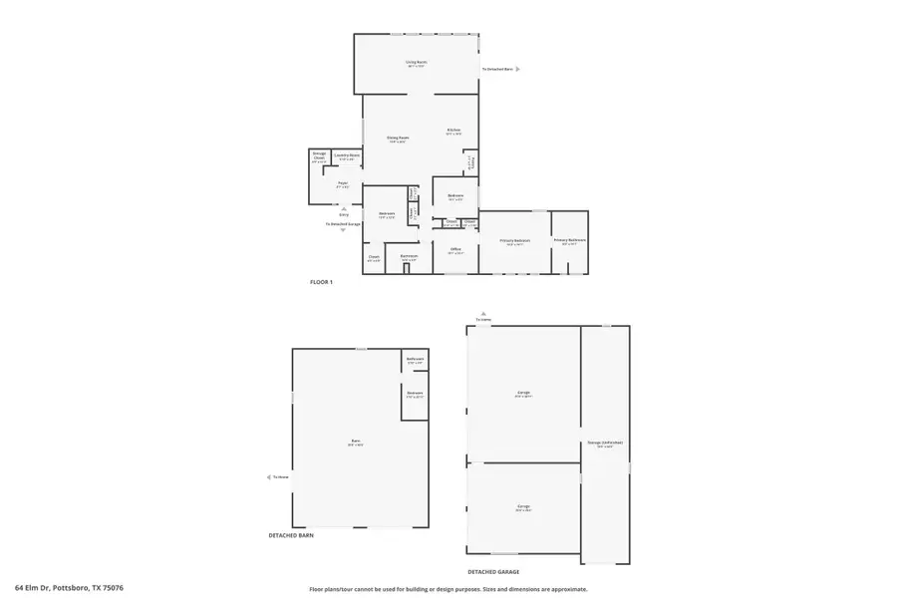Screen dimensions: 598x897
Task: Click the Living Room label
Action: (x=416, y=63)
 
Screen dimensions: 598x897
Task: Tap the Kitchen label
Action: (x=453, y=131)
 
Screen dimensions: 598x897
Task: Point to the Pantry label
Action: (x=472, y=162)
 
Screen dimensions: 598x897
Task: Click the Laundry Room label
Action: (x=347, y=155)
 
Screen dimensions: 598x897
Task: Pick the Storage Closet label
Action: (x=319, y=156)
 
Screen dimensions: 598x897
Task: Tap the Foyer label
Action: (x=342, y=183)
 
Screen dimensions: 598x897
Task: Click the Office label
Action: (x=454, y=249)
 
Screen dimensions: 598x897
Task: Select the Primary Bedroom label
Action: (x=514, y=240)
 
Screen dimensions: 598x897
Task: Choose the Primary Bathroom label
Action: (x=569, y=239)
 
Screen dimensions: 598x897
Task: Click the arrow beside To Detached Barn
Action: (x=518, y=69)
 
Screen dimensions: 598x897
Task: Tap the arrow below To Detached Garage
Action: (x=344, y=230)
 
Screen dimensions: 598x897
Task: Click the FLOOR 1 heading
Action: (x=321, y=282)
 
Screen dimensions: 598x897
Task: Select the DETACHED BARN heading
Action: (x=292, y=536)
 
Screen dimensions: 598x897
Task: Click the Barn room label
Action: (x=355, y=441)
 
